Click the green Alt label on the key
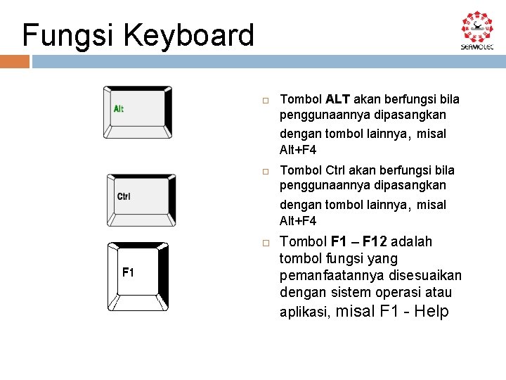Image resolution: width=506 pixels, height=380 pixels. click(119, 109)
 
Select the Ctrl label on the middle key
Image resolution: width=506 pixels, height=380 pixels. click(124, 196)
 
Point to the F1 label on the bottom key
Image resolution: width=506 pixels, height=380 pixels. click(128, 272)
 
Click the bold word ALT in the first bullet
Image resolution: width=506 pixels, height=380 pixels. click(338, 99)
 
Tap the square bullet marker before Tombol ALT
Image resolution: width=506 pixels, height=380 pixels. click(266, 101)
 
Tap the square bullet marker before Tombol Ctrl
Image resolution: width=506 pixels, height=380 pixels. click(266, 172)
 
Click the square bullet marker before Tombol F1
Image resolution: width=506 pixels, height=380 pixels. click(266, 243)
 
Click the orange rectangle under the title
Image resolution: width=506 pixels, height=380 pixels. click(15, 62)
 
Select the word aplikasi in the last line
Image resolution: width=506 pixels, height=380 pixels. click(305, 312)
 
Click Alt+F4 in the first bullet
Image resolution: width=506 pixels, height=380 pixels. click(298, 150)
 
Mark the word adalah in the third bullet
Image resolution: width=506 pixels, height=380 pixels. click(414, 242)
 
